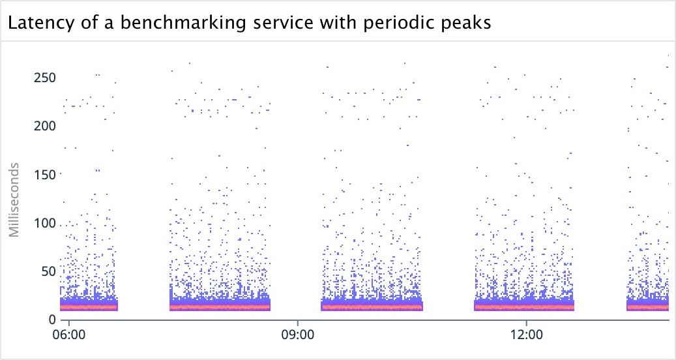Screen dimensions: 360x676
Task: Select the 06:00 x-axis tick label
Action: pos(68,334)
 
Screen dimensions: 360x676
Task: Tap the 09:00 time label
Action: pos(297,334)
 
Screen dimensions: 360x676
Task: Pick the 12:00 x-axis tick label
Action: pos(526,334)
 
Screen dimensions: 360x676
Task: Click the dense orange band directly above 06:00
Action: pos(89,306)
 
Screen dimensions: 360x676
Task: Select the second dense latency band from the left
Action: pos(220,306)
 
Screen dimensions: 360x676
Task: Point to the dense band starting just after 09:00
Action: pos(372,306)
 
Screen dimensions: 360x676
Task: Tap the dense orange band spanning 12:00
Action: pos(524,306)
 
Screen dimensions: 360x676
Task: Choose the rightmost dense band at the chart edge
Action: pos(648,306)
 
